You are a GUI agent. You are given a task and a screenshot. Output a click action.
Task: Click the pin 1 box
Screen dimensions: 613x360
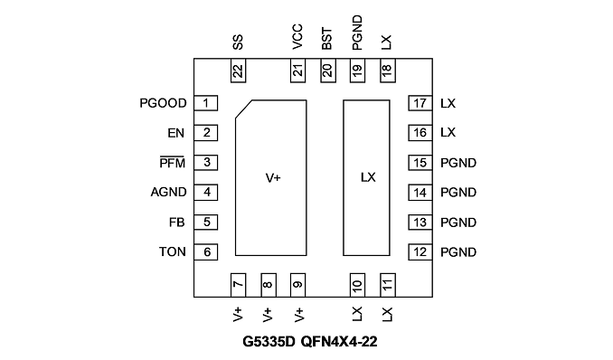click(x=206, y=103)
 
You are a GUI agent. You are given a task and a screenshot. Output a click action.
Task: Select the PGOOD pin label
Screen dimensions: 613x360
click(x=163, y=103)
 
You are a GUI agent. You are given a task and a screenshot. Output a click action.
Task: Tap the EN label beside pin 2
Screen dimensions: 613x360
click(x=176, y=133)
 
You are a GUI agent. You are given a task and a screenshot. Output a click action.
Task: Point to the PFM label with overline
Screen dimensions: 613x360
click(x=173, y=163)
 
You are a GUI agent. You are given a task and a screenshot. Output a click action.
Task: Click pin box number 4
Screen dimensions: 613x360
click(x=206, y=193)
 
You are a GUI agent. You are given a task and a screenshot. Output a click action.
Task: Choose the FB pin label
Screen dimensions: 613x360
click(x=176, y=223)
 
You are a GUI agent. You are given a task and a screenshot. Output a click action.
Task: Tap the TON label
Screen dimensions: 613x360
click(x=173, y=251)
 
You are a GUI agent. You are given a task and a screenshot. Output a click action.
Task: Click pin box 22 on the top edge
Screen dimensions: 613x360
click(x=238, y=71)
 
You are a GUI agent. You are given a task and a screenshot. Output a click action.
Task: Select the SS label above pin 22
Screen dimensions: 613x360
click(x=238, y=43)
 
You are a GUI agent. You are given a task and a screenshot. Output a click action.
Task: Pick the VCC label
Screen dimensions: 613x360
click(x=297, y=37)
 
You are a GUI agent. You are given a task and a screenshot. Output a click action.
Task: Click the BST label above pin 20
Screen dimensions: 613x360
click(x=326, y=39)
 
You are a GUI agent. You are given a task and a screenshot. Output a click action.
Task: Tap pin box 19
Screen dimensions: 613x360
click(x=357, y=71)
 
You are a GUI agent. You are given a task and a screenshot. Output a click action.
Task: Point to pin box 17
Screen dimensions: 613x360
click(x=420, y=103)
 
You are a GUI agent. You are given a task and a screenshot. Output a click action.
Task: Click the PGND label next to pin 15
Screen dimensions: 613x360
click(x=458, y=163)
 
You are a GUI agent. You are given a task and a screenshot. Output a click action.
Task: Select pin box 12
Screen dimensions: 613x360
click(x=420, y=252)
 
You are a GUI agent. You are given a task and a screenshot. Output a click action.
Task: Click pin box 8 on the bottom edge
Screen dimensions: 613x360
click(x=269, y=285)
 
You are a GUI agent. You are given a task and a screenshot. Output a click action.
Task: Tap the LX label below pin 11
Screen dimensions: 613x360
click(x=387, y=314)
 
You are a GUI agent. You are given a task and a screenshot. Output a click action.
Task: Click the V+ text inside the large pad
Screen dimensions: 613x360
click(x=273, y=178)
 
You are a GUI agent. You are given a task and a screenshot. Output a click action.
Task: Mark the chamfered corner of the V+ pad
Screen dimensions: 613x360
click(x=243, y=109)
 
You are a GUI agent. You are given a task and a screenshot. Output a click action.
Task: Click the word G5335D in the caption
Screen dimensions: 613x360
click(x=269, y=342)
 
